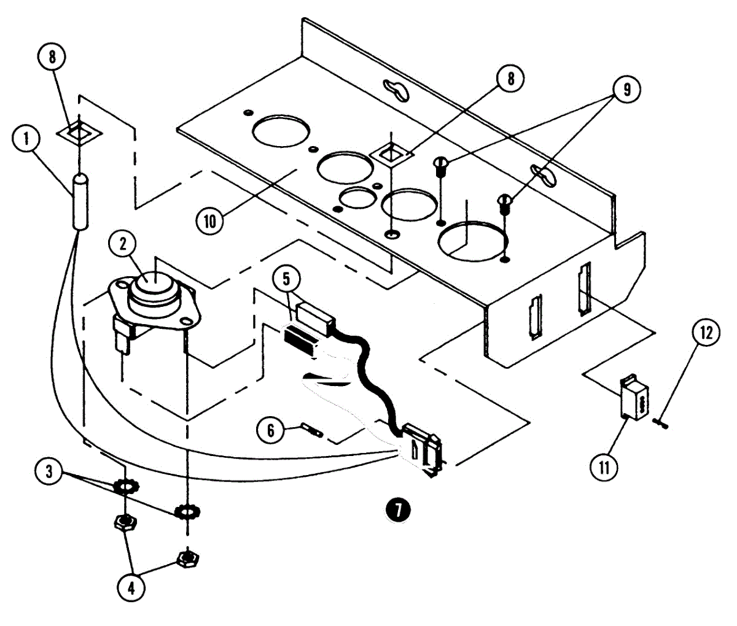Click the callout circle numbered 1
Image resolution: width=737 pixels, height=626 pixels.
[27, 139]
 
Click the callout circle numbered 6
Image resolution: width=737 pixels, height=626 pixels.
[271, 429]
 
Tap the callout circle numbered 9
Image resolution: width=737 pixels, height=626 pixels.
[626, 90]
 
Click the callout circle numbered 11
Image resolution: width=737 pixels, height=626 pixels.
[604, 468]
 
